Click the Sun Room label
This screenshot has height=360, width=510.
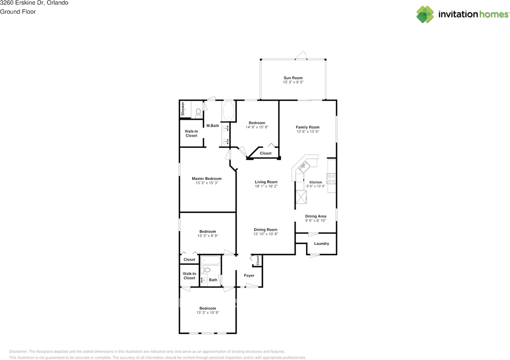click(293, 78)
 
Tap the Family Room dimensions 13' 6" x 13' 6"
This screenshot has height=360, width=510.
click(308, 132)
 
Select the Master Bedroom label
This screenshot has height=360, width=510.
click(207, 179)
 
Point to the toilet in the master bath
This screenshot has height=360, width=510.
click(198, 113)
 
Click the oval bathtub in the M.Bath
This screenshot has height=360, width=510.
click(228, 111)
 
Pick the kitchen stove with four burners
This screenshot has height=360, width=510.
click(331, 179)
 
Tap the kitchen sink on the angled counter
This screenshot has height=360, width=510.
click(304, 166)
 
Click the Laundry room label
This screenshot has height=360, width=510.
click(322, 244)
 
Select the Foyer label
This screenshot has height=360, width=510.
click(249, 275)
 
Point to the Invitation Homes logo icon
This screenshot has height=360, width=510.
click(425, 14)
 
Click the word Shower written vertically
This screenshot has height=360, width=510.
click(183, 109)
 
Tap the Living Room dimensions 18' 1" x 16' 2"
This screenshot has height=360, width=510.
click(266, 186)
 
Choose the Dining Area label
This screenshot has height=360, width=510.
click(316, 216)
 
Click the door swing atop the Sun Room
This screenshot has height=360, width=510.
click(301, 55)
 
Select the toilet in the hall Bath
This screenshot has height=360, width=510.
click(205, 270)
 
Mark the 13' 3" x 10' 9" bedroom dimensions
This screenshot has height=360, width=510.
click(208, 313)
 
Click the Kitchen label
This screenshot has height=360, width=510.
click(316, 182)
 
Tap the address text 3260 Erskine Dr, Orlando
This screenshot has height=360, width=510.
click(34, 3)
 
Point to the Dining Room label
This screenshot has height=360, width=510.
click(266, 230)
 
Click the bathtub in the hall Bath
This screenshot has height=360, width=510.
click(210, 260)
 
